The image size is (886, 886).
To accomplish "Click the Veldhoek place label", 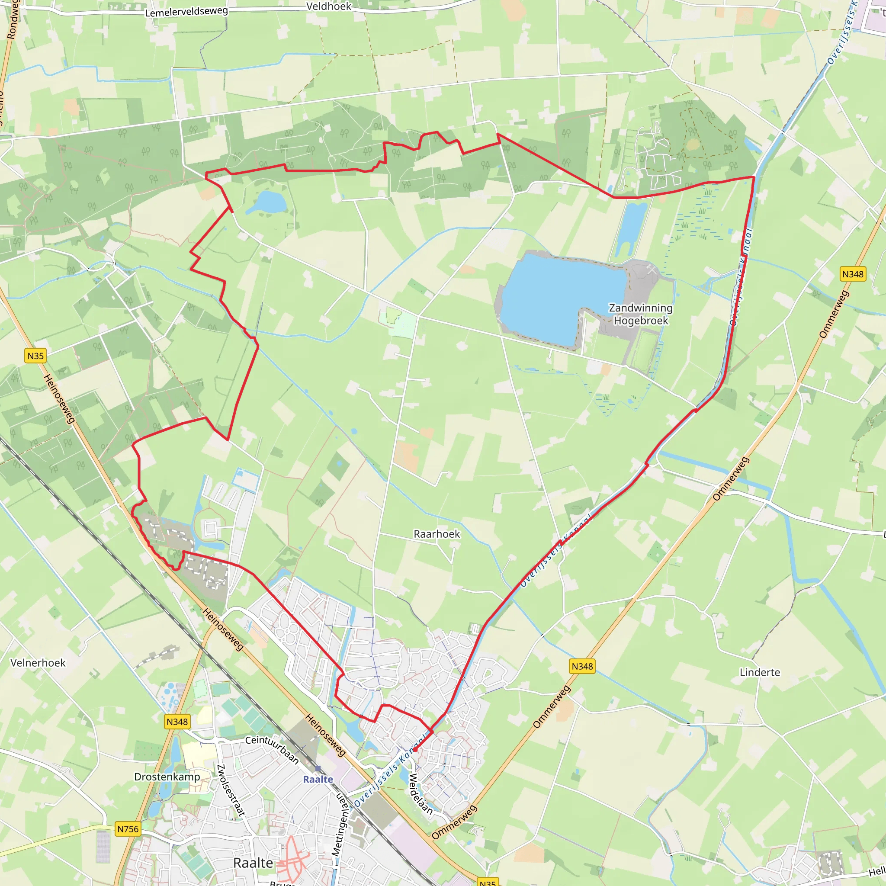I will pos(328,6).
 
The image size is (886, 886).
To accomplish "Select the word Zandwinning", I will pos(641,308).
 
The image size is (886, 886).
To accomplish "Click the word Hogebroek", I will pos(641,321).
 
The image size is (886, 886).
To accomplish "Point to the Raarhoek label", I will pos(437,534).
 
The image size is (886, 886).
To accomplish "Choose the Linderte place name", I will pos(760,672).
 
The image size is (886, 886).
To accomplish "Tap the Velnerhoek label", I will pos(38,663).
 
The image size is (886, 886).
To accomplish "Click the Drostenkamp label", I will pos(167,777).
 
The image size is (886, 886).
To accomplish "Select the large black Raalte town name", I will pos(253,863).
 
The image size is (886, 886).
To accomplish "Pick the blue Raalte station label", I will pos(318,779).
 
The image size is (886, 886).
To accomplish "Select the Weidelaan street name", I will pos(420,794).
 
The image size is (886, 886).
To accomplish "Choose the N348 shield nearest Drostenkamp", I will pos(177,722).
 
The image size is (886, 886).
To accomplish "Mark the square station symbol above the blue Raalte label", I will pos(318,768).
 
